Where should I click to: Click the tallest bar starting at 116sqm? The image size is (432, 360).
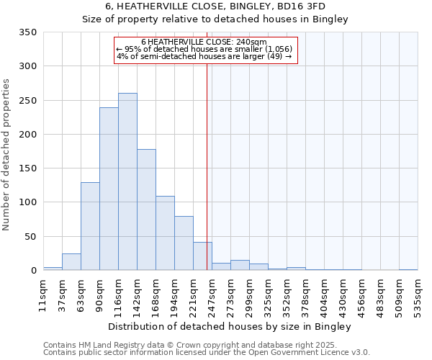[x=127, y=181]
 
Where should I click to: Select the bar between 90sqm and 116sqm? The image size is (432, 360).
[x=109, y=189]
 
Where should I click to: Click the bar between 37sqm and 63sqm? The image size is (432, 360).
[x=71, y=262]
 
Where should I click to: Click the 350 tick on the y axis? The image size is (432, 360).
[x=28, y=32]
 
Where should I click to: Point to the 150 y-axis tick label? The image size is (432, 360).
[x=28, y=168]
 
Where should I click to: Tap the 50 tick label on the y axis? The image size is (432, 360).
[x=30, y=237]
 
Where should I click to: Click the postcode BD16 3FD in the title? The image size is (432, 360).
[x=303, y=7]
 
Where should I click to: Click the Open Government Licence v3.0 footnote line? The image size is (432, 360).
[x=207, y=352]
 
